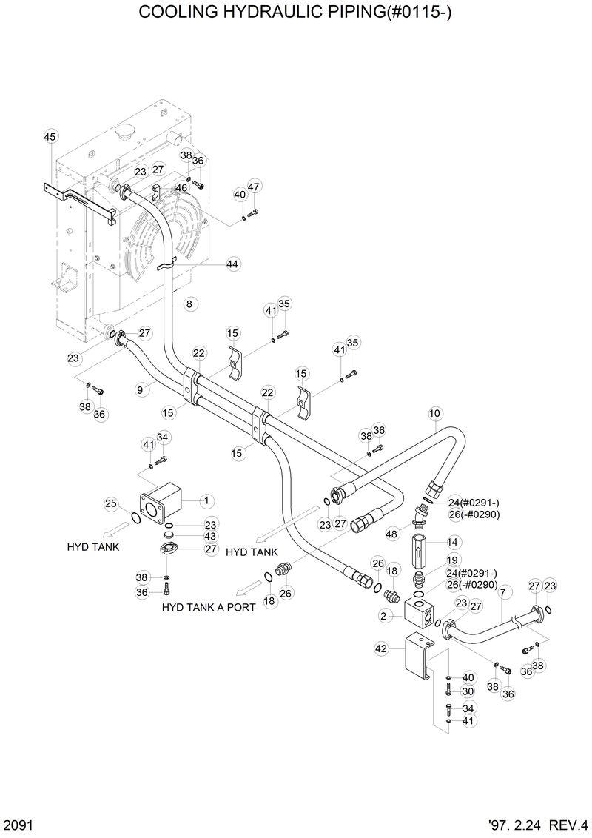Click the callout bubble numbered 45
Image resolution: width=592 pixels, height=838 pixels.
[50, 137]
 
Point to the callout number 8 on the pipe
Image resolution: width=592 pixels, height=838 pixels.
[189, 304]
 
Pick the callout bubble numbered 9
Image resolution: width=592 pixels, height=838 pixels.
[139, 387]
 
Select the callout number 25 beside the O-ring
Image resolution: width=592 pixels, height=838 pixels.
[111, 504]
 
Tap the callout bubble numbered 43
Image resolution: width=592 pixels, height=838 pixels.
[211, 536]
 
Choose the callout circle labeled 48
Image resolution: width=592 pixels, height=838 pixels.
[391, 534]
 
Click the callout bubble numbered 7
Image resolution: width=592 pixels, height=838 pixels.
[503, 592]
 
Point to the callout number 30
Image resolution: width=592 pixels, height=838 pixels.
[468, 691]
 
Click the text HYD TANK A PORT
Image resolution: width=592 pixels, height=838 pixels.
[209, 607]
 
